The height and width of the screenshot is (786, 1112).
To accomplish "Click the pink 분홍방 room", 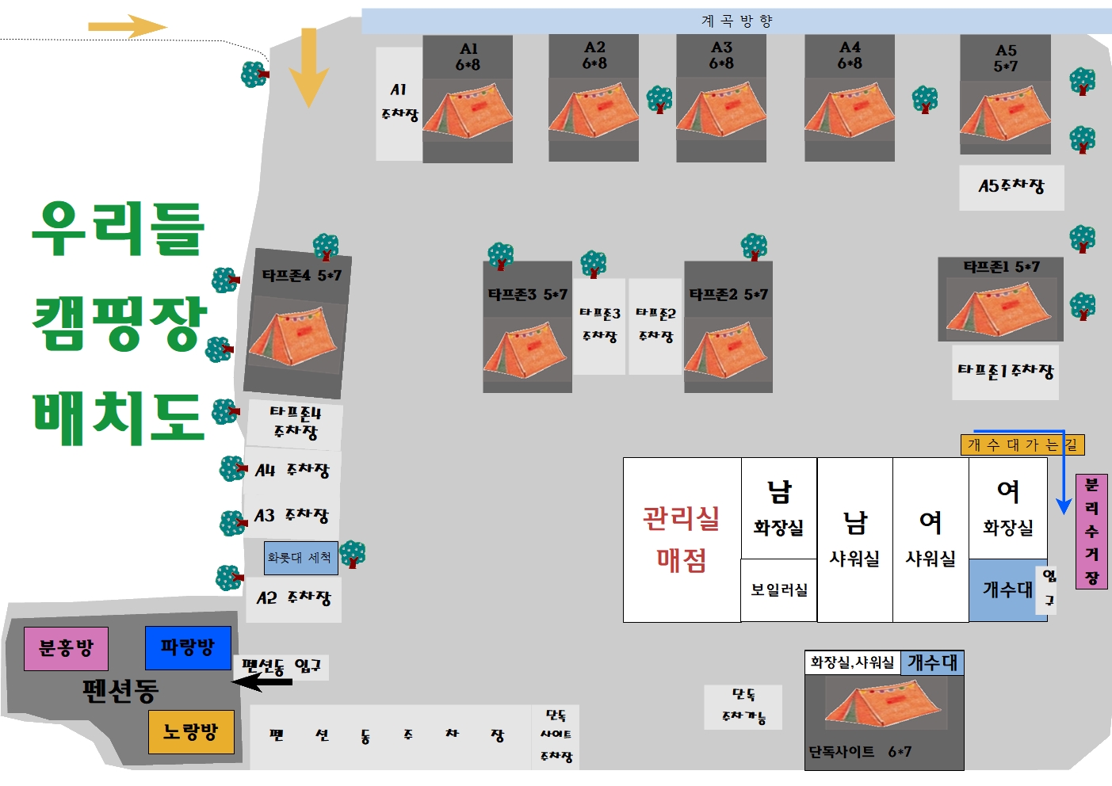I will [x=66, y=649].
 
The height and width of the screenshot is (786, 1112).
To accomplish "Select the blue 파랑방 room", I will [x=188, y=647].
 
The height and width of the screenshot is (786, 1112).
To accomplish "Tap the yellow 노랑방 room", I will [x=191, y=731].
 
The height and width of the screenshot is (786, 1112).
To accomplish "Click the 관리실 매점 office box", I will [x=682, y=540].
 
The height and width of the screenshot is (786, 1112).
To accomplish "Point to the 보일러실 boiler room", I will [x=779, y=590].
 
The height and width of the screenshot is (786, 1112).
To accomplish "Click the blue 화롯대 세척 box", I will [x=300, y=558].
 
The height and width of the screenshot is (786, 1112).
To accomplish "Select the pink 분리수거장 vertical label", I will [x=1091, y=532].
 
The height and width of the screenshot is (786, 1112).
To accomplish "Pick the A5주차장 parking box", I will [x=1011, y=187].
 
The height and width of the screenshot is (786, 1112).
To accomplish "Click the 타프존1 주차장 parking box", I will [x=1006, y=371].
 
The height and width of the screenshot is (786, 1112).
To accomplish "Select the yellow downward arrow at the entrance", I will [x=308, y=67].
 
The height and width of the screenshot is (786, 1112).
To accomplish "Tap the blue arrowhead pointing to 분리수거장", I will [x=1064, y=506].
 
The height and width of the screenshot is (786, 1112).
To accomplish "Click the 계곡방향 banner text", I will [x=736, y=21].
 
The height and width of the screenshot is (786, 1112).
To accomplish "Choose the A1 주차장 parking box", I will [x=399, y=103].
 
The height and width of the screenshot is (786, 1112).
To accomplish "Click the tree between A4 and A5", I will [x=924, y=100].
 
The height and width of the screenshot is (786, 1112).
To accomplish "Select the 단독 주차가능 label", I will [x=743, y=706].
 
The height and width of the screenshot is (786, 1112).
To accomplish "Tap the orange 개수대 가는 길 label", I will [x=1022, y=445].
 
